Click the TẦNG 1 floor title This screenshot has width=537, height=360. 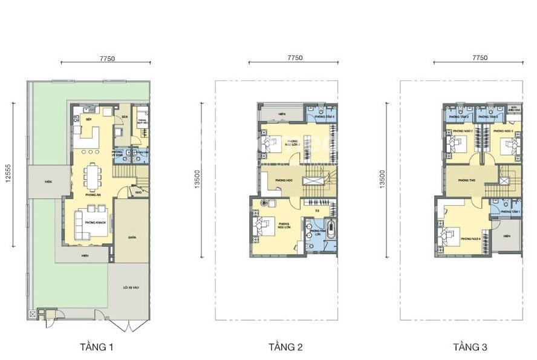coord(96,347)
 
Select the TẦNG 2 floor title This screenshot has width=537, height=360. coord(285,347)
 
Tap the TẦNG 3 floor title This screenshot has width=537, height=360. coord(470,347)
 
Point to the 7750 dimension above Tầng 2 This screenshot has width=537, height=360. coord(295,58)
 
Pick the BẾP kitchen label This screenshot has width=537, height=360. coord(89,120)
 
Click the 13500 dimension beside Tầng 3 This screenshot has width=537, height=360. coord(382,178)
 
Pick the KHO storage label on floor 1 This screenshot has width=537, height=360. coord(138,194)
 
